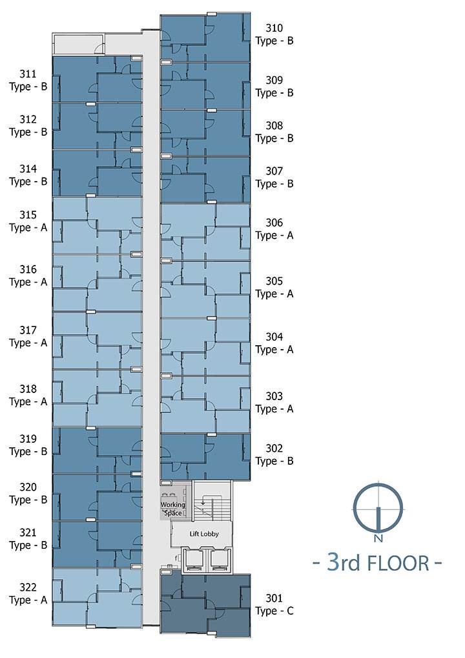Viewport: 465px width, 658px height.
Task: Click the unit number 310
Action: (274, 28)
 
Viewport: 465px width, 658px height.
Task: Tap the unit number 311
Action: (28, 74)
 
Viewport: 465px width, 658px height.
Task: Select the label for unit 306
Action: (274, 229)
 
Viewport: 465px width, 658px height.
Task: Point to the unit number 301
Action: (274, 598)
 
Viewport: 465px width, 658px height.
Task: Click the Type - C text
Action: (274, 611)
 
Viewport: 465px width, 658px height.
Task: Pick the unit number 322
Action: (28, 587)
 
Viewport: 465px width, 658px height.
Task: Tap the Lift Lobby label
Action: (204, 534)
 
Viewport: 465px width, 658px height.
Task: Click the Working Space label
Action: (172, 509)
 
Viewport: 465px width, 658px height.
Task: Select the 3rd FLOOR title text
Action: (378, 562)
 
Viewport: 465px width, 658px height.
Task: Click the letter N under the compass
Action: (378, 538)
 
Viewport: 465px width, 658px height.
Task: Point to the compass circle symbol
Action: (378, 509)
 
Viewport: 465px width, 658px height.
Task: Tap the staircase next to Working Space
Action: (212, 501)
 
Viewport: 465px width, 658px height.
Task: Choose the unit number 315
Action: (28, 215)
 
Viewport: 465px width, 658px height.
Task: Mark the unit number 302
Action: (274, 448)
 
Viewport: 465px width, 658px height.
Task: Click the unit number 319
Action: (28, 439)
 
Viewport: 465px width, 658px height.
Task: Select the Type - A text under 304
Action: (274, 350)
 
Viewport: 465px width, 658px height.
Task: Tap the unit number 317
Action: (28, 330)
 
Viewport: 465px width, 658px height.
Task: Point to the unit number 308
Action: (274, 125)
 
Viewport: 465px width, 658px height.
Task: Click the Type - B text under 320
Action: (28, 500)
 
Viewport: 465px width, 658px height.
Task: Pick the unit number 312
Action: (28, 119)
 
